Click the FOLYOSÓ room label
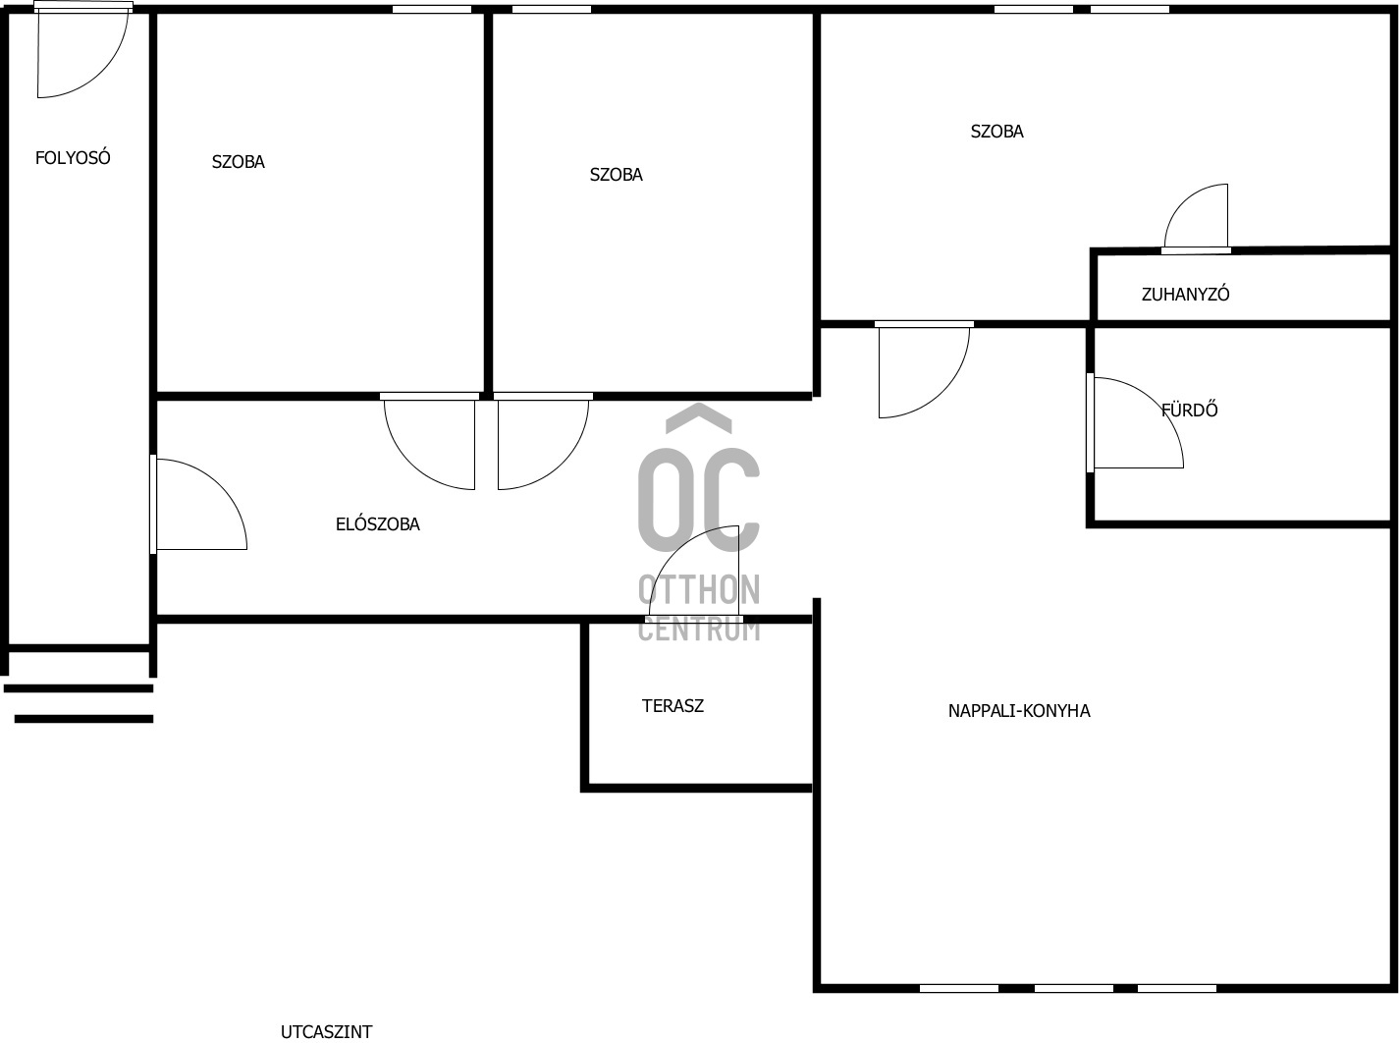[x=73, y=157]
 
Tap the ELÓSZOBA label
[x=377, y=524]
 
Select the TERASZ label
[x=673, y=705]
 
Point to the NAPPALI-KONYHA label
[x=1018, y=711]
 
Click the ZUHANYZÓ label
[x=1185, y=294]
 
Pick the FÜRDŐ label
[x=1189, y=411]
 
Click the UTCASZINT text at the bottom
[x=326, y=1031]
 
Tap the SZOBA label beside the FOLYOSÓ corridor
[x=238, y=162]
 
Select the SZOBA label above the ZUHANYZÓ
[x=996, y=132]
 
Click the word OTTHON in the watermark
[x=698, y=590]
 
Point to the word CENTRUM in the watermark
[x=698, y=629]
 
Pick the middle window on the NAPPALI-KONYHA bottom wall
[x=1073, y=988]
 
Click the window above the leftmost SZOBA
[x=431, y=10]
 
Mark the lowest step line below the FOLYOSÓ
[x=83, y=719]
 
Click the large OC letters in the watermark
[x=698, y=499]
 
